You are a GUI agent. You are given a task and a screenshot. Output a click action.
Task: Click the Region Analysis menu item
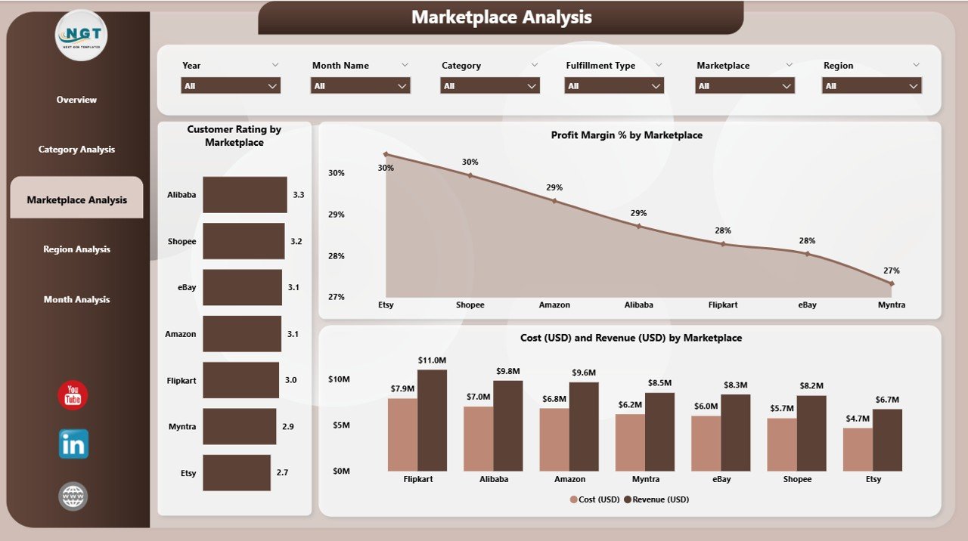pos(76,249)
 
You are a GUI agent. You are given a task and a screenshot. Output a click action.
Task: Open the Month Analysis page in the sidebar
pos(76,300)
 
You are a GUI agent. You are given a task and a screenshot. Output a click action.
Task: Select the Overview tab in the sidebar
pos(76,100)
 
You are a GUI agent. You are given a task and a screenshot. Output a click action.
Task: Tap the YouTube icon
pos(73,396)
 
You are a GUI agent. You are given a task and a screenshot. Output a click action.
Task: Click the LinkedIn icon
pos(73,444)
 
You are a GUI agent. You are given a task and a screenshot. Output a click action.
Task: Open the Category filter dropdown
pos(489,86)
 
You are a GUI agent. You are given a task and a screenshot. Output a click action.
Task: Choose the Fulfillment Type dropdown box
pos(614,86)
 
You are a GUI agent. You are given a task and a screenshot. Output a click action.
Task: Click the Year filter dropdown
pos(231,86)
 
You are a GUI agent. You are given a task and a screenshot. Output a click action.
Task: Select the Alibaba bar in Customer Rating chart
pos(245,195)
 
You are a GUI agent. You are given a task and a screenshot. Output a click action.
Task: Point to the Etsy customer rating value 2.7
pos(282,473)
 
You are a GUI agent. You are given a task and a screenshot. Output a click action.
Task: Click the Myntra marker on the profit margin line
pos(892,283)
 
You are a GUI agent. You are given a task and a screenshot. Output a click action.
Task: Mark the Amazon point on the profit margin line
pos(554,201)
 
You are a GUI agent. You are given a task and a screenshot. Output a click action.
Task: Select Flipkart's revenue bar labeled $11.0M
pos(432,420)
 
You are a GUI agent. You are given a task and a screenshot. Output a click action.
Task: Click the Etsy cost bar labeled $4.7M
pos(858,450)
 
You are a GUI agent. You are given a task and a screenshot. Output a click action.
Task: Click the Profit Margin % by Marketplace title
pos(626,135)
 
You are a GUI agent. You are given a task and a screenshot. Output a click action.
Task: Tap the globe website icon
pos(73,496)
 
